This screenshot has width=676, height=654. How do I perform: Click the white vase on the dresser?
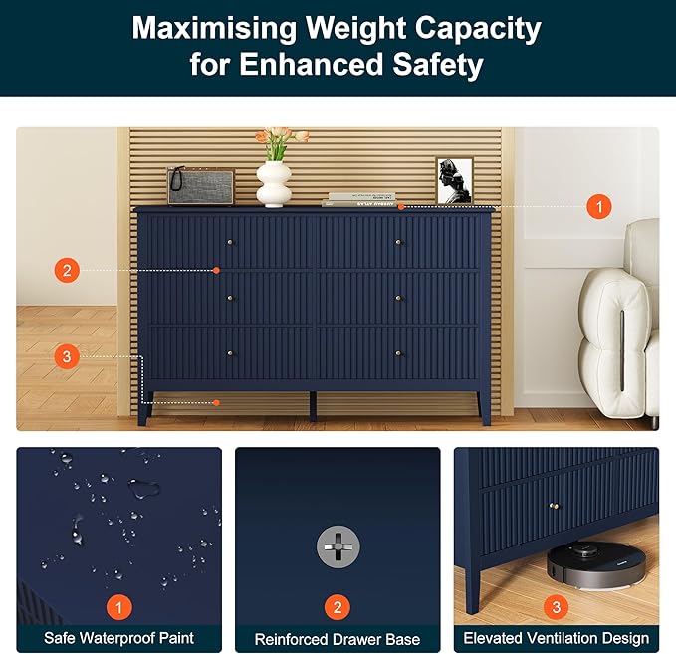coord(274,182)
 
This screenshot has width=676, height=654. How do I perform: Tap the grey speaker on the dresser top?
coord(200,186)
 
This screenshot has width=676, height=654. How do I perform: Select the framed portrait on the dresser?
coord(454,180)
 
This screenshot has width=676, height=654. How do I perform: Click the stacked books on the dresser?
coord(359,199)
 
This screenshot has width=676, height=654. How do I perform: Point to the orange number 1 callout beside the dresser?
coord(598,207)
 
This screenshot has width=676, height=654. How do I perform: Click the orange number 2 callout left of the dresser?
coord(67,270)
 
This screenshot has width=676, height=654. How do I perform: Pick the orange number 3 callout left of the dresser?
coord(67,356)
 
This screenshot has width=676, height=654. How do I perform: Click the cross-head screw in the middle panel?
coord(338,545)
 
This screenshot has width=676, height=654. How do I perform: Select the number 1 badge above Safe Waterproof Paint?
coord(118,606)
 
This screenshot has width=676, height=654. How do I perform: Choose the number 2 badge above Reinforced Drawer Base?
coord(338,606)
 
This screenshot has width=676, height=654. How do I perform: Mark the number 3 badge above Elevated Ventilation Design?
coord(556,606)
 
